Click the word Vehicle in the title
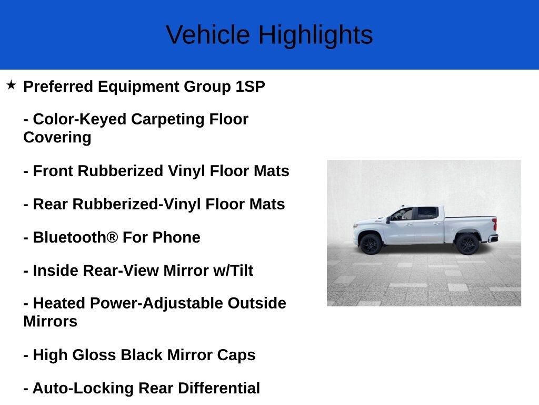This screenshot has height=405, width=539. click(x=208, y=35)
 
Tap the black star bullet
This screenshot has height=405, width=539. click(x=11, y=85)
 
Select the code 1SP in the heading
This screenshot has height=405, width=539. click(x=250, y=86)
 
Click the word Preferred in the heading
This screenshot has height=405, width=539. click(x=58, y=86)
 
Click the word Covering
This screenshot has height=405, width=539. click(x=57, y=138)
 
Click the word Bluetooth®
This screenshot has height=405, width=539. click(x=75, y=237)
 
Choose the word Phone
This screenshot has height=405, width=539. click(x=176, y=237)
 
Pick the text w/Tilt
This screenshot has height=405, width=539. click(x=233, y=271)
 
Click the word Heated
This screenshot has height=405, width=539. click(x=59, y=303)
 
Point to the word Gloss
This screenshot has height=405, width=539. click(x=94, y=355)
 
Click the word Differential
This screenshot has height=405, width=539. click(x=218, y=388)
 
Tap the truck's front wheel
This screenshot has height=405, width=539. click(x=371, y=244)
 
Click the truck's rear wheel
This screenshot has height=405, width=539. click(x=467, y=244)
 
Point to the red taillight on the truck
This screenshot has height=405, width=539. click(x=495, y=224)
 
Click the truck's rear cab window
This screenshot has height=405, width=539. click(x=427, y=213)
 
